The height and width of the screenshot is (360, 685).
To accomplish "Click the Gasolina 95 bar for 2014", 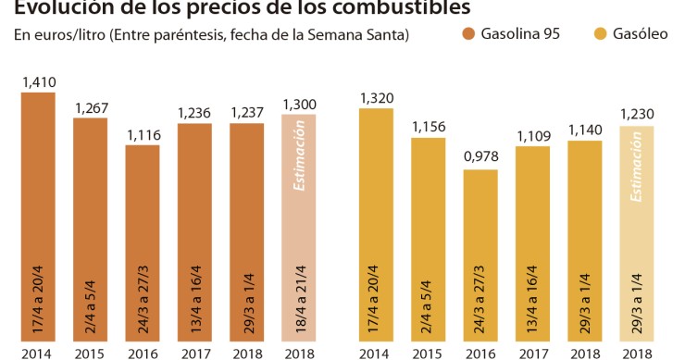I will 38,217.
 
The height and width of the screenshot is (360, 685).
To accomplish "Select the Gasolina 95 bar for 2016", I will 143,244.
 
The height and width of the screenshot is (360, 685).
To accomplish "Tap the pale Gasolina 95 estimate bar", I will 299,228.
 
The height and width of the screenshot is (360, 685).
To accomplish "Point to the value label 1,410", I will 38,83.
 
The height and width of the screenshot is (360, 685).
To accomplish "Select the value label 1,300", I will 299,105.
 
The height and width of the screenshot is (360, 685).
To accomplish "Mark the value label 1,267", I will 91,108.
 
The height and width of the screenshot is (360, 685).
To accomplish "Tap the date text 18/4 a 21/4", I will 299,306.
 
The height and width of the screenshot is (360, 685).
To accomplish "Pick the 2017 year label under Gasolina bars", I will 194,354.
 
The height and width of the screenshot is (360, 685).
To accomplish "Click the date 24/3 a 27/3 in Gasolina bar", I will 143,306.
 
